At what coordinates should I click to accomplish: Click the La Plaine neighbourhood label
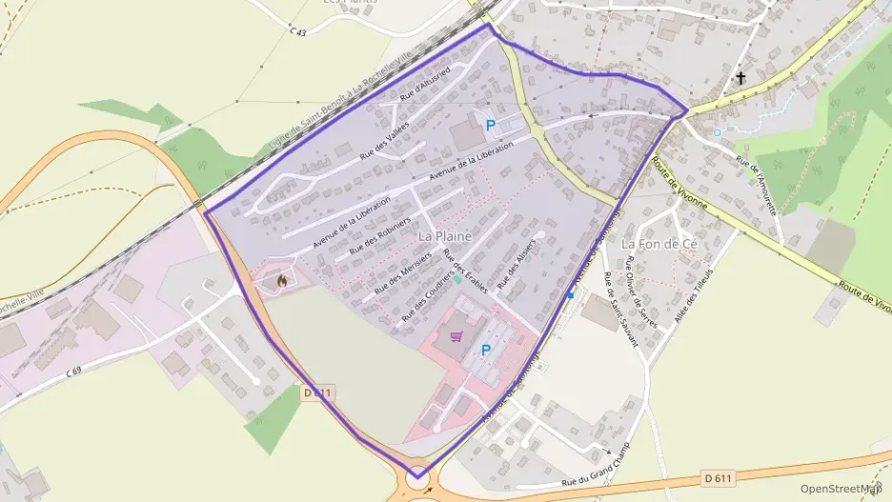(444, 233)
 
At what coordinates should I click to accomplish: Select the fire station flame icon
(281, 280)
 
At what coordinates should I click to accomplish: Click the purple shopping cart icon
(456, 336)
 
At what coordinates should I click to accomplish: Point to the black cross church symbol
(740, 78)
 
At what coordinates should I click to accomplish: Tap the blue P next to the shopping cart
(486, 351)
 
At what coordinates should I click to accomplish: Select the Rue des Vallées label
(379, 152)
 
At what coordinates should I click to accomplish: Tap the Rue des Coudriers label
(425, 295)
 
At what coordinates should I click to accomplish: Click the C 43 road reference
(297, 31)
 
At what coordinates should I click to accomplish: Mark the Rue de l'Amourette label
(759, 182)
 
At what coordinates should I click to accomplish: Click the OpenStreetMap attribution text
(840, 489)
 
